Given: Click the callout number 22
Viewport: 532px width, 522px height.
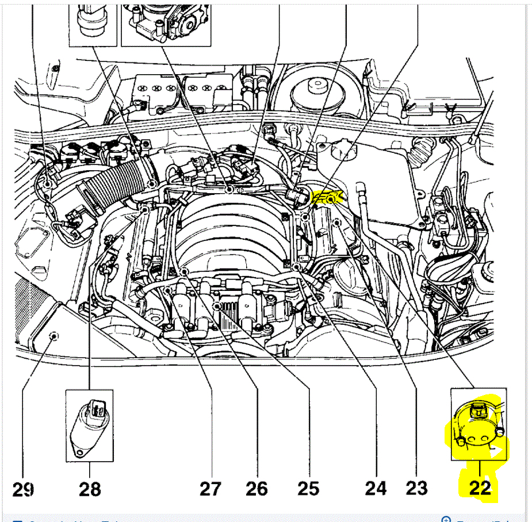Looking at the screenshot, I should click(480, 488).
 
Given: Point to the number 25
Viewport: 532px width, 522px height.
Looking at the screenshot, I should click(308, 488).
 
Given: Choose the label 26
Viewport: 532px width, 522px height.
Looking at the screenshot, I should click(257, 488).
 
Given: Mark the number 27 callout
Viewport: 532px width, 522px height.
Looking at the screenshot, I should click(210, 488).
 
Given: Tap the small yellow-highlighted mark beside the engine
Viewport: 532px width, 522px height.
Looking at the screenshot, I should click(327, 198).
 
